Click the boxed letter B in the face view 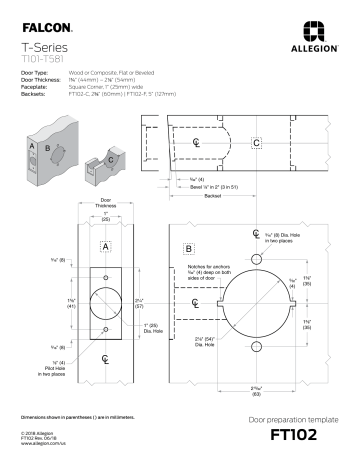[190, 246]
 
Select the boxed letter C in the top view [257, 144]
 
